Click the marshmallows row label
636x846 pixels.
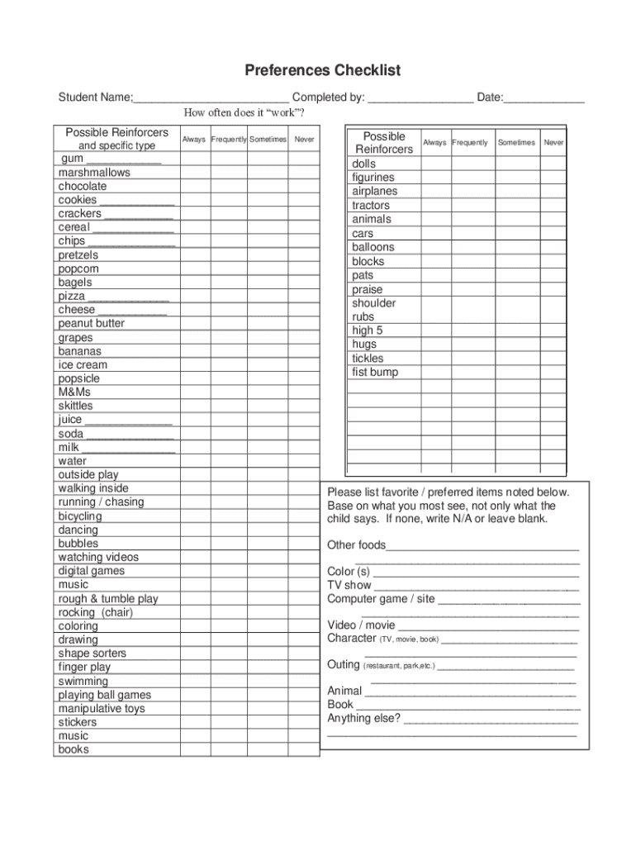(x=94, y=173)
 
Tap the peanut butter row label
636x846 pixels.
(x=91, y=323)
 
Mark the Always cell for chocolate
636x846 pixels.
(x=195, y=187)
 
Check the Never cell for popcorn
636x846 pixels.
(x=304, y=269)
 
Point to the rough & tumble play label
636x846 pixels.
(x=108, y=598)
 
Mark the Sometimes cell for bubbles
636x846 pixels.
(x=268, y=544)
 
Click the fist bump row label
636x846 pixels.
(x=375, y=373)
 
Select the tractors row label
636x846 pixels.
(x=371, y=206)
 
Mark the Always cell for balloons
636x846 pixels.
(x=436, y=247)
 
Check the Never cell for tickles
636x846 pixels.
(x=553, y=359)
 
